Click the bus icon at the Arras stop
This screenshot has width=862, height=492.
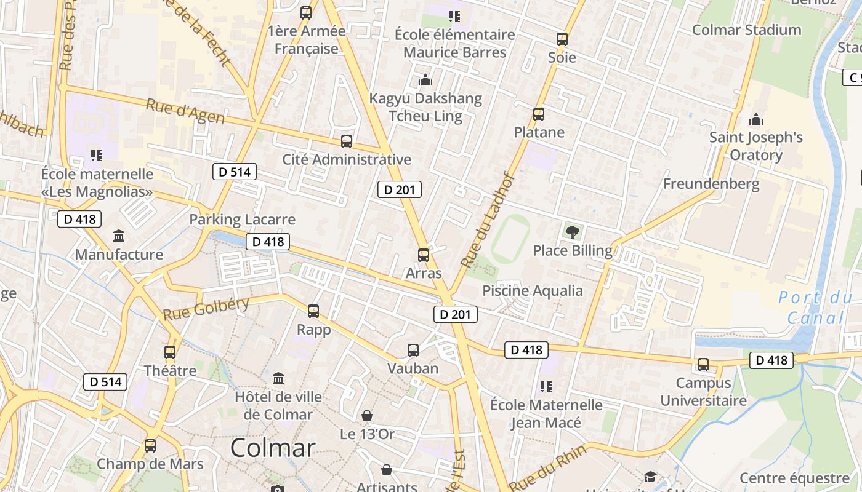[x=424, y=255]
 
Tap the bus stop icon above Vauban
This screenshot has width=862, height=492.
[x=413, y=351]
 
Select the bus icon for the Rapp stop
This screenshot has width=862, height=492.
[x=313, y=311]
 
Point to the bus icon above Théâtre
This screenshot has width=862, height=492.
[x=170, y=352]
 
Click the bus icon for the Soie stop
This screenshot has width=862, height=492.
[x=562, y=39]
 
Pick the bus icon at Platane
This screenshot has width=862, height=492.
[x=539, y=114]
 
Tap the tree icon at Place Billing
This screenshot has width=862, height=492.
[x=573, y=232]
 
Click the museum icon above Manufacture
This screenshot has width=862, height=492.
[x=119, y=236]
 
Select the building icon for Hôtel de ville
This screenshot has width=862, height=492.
[x=278, y=378]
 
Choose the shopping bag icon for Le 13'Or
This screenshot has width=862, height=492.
[x=367, y=416]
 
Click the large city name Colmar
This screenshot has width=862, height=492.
[x=273, y=448]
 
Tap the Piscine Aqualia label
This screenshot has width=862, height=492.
[x=533, y=291]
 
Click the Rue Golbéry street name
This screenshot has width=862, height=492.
[x=206, y=308]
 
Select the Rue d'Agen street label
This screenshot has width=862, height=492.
[x=185, y=111]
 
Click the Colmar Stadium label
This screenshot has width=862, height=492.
[x=746, y=30]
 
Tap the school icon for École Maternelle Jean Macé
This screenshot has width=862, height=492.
[x=546, y=387]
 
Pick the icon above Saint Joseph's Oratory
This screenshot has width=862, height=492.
[x=756, y=119]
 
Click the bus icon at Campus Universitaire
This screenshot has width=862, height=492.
[x=703, y=365]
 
